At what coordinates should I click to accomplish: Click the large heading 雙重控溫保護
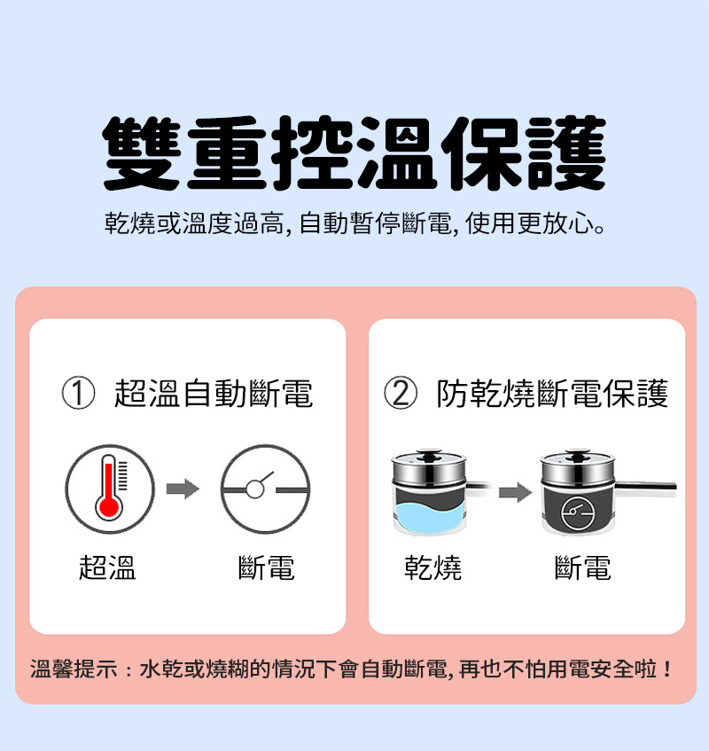click(354, 154)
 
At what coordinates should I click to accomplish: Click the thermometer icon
click(109, 488)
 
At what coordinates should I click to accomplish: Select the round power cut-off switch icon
click(265, 488)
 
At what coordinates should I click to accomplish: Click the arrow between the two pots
click(511, 490)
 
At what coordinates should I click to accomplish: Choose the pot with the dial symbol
click(578, 497)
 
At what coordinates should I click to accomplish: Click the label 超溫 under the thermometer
click(108, 567)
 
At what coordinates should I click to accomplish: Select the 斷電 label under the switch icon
click(267, 567)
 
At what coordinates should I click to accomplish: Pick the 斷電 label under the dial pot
click(582, 567)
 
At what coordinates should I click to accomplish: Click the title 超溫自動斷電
click(214, 393)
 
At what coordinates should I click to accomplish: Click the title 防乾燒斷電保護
click(552, 393)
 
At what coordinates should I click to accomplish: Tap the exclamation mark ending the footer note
click(666, 668)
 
